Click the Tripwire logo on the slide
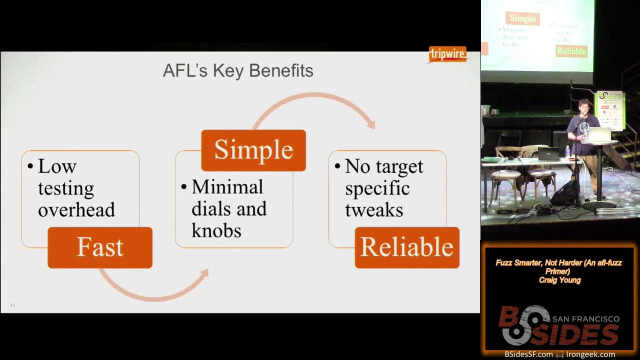(447, 54)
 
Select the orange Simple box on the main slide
(253, 150)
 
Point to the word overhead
(76, 209)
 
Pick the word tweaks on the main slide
(374, 209)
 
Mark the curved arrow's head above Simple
(370, 123)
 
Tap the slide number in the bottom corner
(13, 305)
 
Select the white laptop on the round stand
(599, 134)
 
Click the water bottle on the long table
(567, 151)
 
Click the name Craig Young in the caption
(559, 280)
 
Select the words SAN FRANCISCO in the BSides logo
(585, 319)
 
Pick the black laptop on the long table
(548, 153)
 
